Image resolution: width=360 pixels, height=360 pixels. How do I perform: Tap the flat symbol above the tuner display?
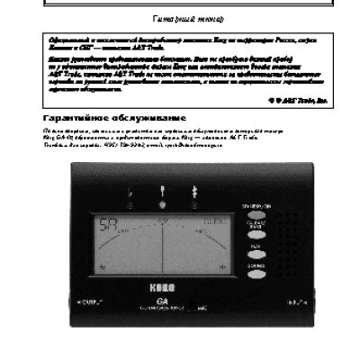[x=133, y=192]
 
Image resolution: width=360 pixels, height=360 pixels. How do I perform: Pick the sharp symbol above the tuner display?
[x=193, y=192]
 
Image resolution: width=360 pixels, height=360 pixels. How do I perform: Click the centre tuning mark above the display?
[x=163, y=192]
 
